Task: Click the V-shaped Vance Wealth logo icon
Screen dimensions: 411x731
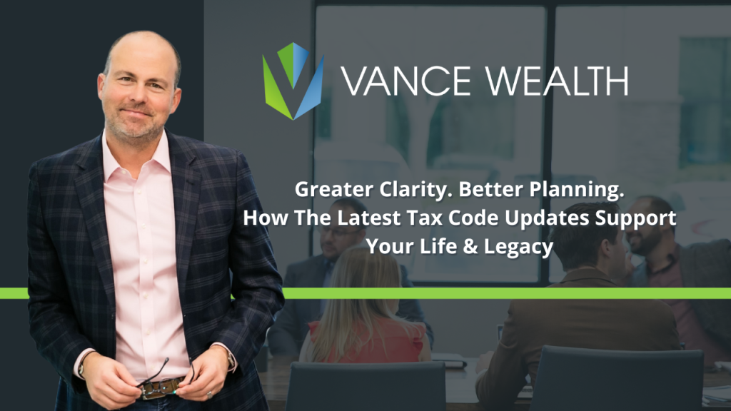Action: (x=293, y=81)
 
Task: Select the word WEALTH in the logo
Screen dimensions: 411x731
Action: (x=553, y=81)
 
